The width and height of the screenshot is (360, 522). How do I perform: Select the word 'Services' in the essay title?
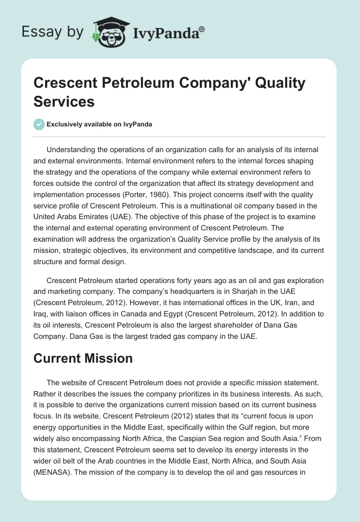pyautogui.click(x=64, y=101)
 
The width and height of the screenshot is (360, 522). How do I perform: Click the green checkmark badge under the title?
pyautogui.click(x=39, y=125)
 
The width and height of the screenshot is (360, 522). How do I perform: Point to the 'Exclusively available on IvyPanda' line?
pyautogui.click(x=99, y=125)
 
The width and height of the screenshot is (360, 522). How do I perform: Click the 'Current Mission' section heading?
pyautogui.click(x=83, y=358)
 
